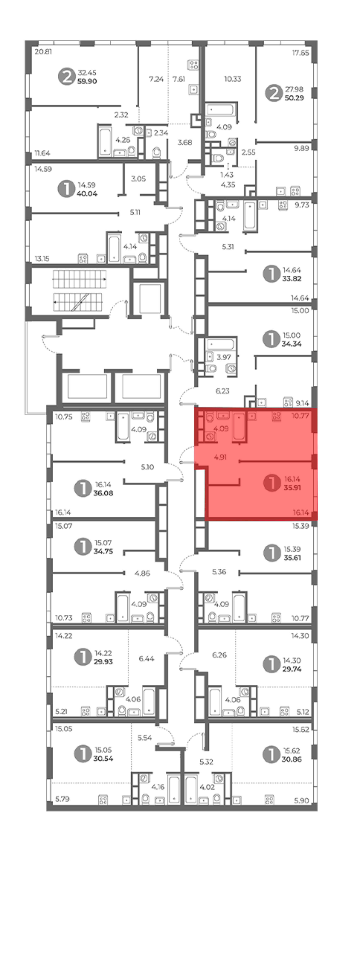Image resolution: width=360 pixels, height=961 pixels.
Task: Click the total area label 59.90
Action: click(x=87, y=81)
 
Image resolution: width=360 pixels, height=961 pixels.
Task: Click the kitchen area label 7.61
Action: click(x=179, y=79)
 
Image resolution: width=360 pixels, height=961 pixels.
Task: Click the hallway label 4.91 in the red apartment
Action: click(x=220, y=457)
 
